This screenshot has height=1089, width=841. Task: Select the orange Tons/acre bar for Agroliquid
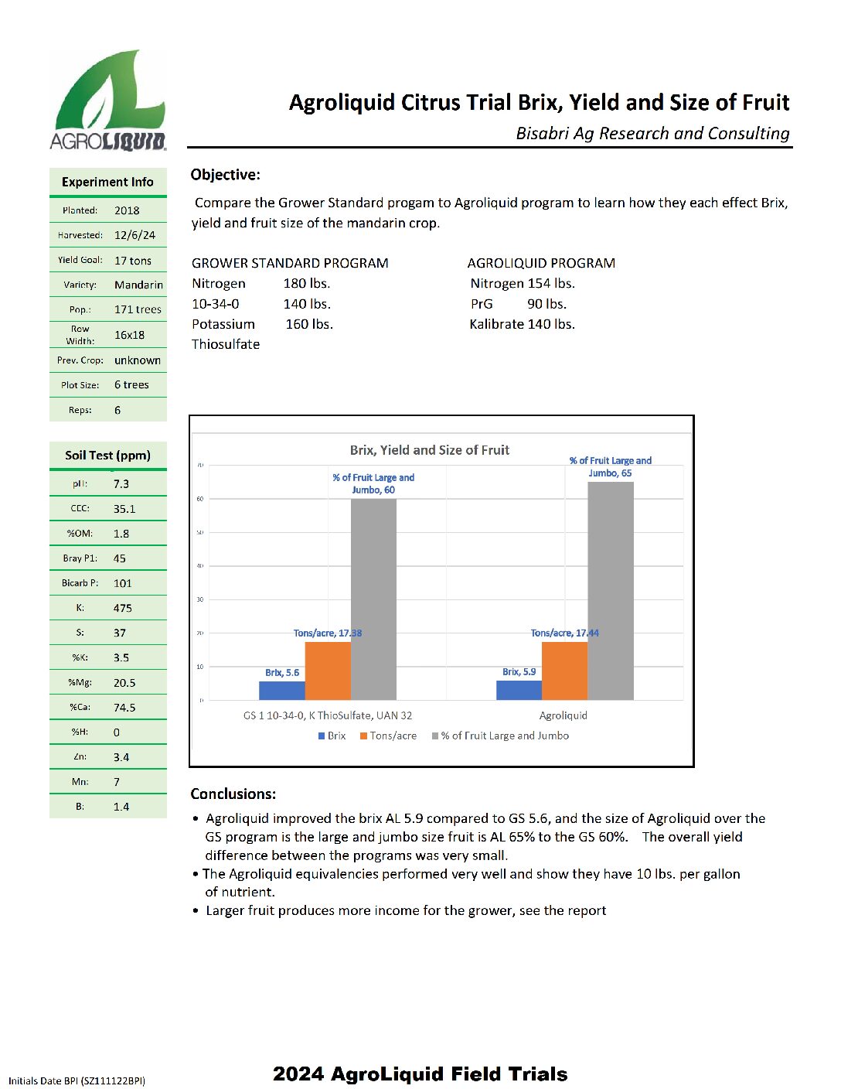(x=564, y=671)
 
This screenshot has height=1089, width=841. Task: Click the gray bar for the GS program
(x=373, y=599)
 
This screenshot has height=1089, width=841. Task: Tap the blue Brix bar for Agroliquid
(x=519, y=690)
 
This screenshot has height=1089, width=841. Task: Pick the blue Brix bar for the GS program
(x=281, y=691)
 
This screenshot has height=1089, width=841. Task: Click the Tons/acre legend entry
(x=388, y=736)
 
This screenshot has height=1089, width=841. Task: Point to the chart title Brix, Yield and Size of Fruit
(x=430, y=450)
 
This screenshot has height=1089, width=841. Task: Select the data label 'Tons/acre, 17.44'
(x=564, y=633)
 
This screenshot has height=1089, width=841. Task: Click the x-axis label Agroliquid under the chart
(x=563, y=715)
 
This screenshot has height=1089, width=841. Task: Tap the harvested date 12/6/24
(x=134, y=235)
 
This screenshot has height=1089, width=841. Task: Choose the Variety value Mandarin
(x=138, y=285)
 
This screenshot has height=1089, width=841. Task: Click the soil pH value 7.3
(x=121, y=484)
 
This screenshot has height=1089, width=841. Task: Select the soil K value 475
(x=122, y=608)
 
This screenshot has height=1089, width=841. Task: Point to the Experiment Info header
(x=107, y=182)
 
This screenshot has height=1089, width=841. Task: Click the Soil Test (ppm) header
(x=107, y=456)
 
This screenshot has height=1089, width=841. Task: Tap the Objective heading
(x=225, y=175)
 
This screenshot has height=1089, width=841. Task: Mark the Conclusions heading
(x=233, y=794)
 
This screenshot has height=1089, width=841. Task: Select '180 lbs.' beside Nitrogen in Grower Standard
(x=307, y=283)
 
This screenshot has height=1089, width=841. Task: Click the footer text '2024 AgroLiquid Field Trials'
(x=420, y=1074)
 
